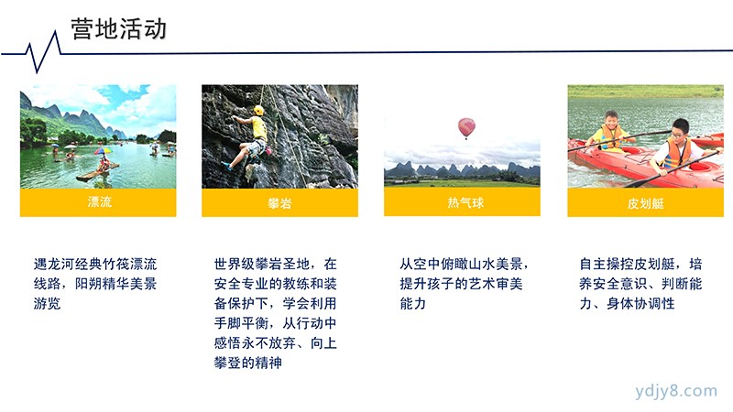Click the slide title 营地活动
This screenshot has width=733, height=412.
(x=119, y=29)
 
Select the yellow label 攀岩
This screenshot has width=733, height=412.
(x=279, y=203)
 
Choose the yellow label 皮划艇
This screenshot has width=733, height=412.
(x=646, y=203)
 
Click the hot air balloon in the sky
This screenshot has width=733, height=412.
(x=466, y=127)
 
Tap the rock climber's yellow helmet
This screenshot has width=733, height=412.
(x=258, y=111)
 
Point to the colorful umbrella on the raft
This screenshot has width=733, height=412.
(x=103, y=151)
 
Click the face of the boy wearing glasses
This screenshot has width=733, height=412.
(x=680, y=131)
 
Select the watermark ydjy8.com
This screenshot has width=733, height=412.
(x=676, y=391)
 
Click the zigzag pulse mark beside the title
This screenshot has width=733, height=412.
(x=43, y=52)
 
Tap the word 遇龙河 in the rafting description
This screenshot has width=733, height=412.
(x=54, y=265)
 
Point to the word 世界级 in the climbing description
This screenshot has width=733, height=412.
(x=235, y=265)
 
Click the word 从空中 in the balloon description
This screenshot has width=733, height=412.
(x=420, y=265)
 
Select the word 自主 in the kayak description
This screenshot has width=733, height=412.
(x=593, y=265)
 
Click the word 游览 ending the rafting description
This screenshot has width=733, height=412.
(x=48, y=304)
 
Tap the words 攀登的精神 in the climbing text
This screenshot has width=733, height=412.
(x=248, y=363)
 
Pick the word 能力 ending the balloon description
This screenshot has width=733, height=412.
(x=413, y=304)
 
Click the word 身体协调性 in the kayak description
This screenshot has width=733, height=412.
(x=640, y=304)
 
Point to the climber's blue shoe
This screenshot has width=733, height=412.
(x=226, y=166)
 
